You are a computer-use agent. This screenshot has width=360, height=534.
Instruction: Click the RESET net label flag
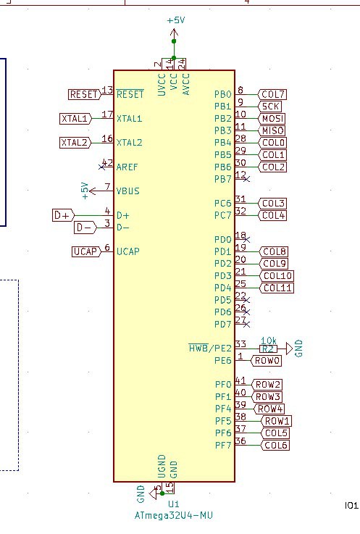[x=85, y=94]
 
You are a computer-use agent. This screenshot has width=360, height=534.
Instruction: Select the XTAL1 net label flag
[x=75, y=119]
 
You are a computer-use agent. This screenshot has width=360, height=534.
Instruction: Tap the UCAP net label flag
[x=87, y=251]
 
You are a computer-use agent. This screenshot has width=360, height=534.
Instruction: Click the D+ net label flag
[x=64, y=215]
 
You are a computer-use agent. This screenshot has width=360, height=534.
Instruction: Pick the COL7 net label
[x=272, y=94]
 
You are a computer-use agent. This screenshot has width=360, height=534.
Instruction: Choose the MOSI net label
[x=272, y=119]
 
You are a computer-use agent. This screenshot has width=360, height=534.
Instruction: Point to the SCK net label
[x=270, y=107]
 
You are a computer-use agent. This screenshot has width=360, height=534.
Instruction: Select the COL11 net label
[x=277, y=288]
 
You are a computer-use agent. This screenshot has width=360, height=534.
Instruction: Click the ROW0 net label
[x=266, y=360]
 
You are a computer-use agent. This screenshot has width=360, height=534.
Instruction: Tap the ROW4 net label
[x=269, y=409]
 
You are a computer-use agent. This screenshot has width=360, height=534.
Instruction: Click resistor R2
[x=268, y=349]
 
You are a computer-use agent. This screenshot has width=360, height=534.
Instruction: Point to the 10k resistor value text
[x=269, y=341]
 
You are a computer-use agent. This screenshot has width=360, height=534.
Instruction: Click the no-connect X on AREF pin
[x=101, y=167]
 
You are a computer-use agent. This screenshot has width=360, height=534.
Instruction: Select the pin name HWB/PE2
[x=210, y=348]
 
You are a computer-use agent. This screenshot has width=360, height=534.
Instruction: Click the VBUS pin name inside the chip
[x=127, y=191]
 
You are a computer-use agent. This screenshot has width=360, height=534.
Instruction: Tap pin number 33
[x=240, y=344]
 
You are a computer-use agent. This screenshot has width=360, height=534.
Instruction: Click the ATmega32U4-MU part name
[x=174, y=515]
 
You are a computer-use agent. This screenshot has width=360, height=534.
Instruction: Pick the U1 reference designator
[x=173, y=504]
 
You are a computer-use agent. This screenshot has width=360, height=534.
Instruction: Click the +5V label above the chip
[x=176, y=20]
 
